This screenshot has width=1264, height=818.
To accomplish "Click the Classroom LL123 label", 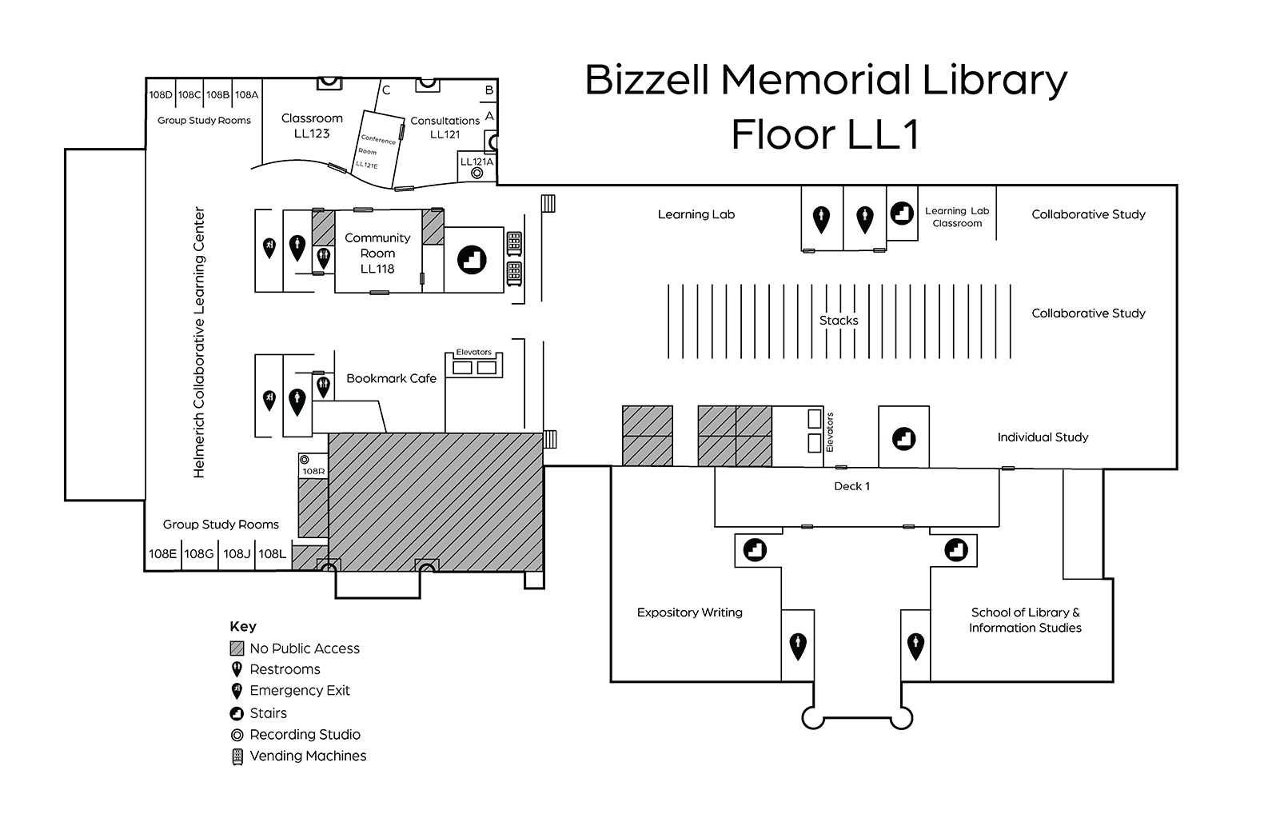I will [312, 126].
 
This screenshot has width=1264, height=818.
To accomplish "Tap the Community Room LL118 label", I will [377, 253].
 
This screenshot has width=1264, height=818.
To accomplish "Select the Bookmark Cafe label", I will [391, 378].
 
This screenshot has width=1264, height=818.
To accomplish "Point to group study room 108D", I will [161, 94].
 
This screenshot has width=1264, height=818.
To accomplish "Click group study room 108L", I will [272, 553].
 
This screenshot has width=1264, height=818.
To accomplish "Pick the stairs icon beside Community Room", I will [472, 259].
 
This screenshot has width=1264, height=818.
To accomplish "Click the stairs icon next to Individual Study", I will [903, 438].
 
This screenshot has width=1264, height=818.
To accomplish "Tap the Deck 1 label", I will [851, 486].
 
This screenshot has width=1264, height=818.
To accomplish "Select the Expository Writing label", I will [689, 613].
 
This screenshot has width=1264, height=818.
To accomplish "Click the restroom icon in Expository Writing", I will [797, 644].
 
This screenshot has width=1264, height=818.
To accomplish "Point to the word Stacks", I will [839, 320].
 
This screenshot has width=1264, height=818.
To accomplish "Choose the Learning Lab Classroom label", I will [957, 217].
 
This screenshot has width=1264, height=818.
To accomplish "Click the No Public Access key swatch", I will [237, 648].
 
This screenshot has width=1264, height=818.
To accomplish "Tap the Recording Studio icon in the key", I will [237, 735].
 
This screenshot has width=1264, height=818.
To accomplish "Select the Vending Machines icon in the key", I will [237, 756].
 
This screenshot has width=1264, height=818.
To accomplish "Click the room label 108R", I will [313, 472].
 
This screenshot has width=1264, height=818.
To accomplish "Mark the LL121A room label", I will [476, 162].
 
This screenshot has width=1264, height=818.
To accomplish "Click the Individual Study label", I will [1043, 437].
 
